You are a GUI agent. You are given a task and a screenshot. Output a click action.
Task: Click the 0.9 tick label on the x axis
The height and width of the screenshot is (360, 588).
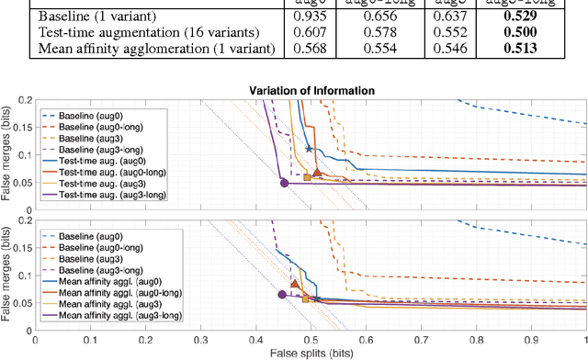pyautogui.click(x=530, y=339)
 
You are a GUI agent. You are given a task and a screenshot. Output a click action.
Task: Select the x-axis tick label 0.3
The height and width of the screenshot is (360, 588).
pyautogui.click(x=200, y=339)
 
